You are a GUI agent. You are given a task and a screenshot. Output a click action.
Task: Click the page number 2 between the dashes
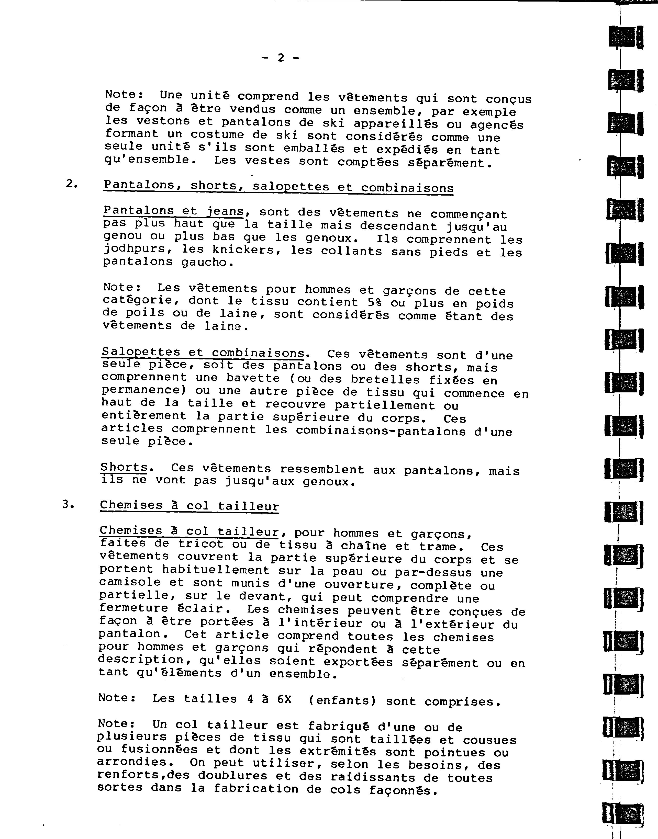point(281,58)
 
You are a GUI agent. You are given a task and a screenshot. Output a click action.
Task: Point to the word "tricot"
point(200,544)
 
